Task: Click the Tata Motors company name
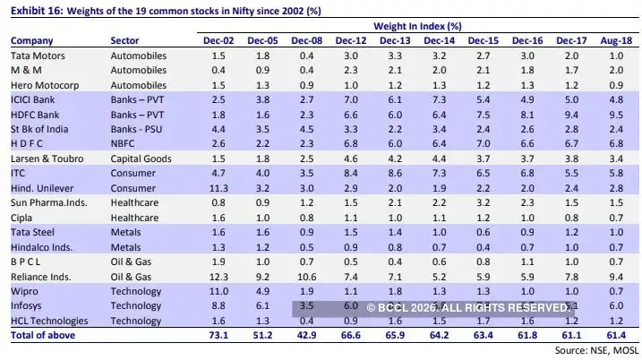[39, 56]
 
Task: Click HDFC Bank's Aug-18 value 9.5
[614, 114]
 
